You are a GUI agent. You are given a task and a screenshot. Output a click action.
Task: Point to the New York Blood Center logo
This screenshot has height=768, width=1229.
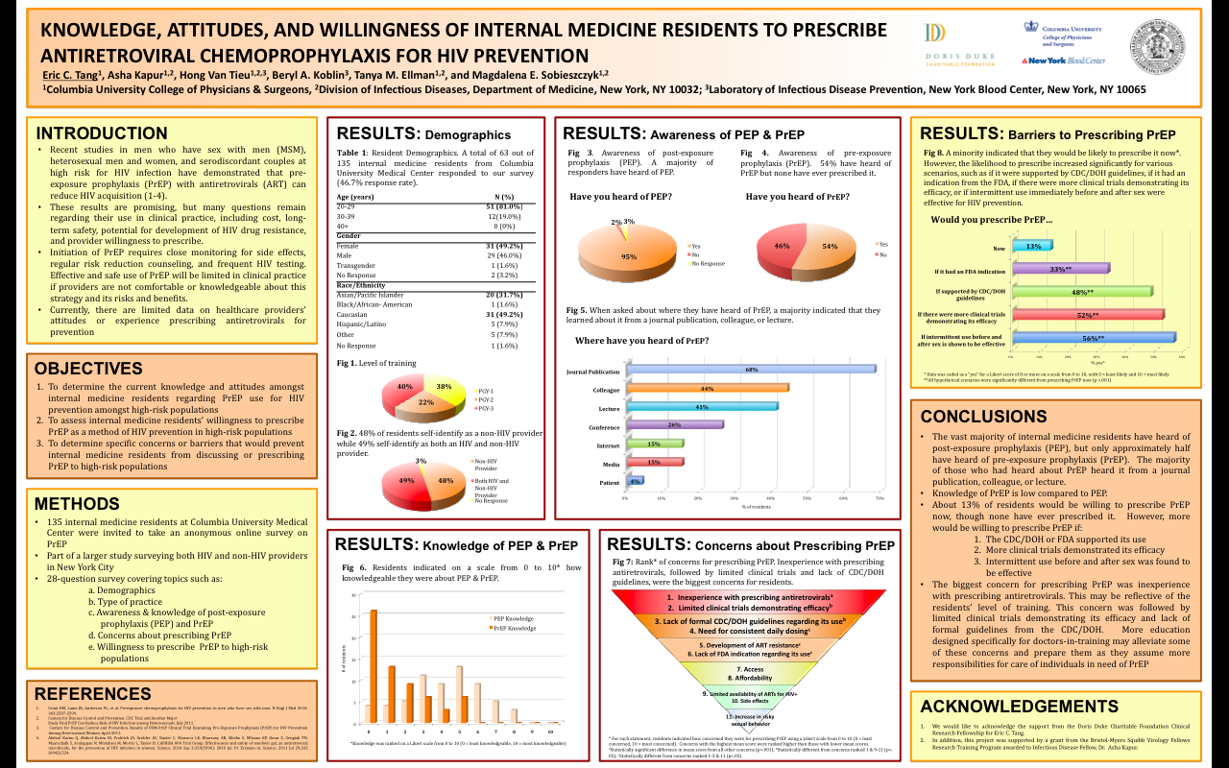1063,60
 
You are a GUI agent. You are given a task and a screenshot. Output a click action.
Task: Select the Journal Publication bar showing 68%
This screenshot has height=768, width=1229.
750,369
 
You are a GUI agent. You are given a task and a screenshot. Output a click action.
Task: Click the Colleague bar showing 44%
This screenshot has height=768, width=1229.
707,388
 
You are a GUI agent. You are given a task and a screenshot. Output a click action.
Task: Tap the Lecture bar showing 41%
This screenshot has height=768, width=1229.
701,407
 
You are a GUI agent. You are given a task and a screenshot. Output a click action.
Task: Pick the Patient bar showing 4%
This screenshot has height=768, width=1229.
634,481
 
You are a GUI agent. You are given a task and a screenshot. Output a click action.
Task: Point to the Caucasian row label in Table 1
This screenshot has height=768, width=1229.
353,315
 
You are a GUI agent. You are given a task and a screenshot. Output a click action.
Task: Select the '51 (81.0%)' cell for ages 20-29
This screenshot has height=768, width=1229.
503,206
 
